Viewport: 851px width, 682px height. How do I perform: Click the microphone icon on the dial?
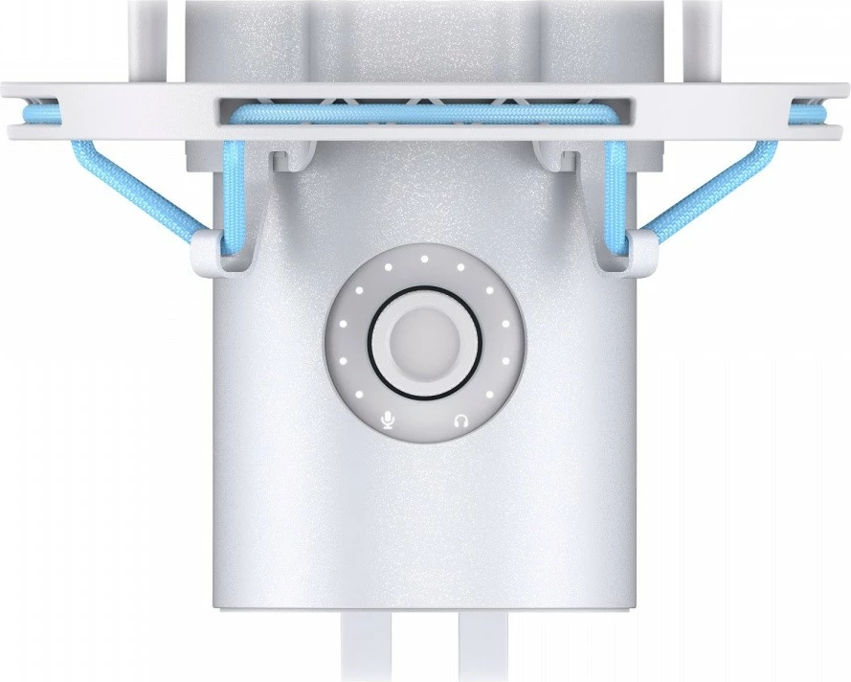coord(389,420)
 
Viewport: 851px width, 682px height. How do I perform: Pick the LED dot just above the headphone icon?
coord(487,393)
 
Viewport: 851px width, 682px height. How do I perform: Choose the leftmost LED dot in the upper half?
coord(343,325)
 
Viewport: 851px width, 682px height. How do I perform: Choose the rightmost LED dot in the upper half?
coord(505,325)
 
